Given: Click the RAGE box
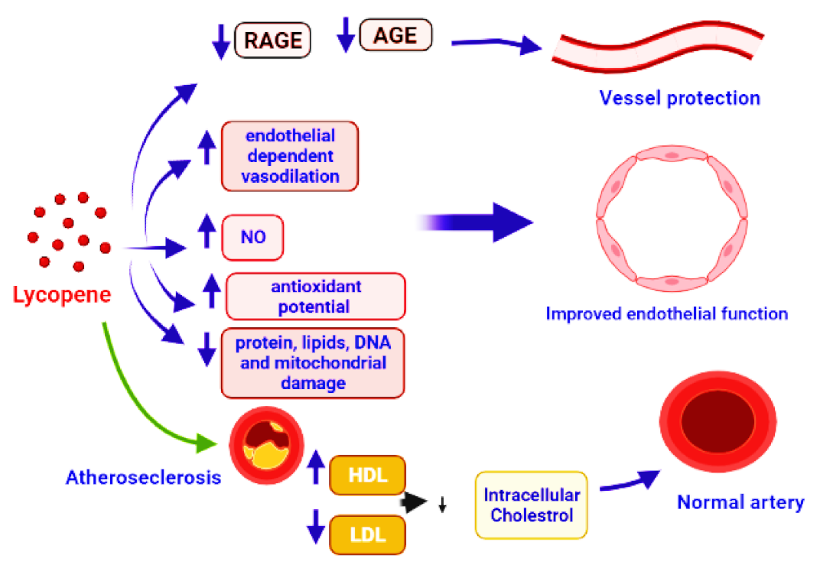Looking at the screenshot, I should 273,39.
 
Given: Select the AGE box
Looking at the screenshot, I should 395,34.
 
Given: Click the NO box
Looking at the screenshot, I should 252,238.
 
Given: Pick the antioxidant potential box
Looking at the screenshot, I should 315,297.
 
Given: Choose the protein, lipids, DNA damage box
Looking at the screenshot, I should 312,363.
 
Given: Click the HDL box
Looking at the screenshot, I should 366,476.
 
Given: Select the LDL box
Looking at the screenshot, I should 366,534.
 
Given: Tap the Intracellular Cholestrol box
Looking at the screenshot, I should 532,505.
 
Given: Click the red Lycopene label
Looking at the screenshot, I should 62,295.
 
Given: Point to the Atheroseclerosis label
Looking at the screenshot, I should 144,479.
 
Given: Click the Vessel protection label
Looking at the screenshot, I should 679,98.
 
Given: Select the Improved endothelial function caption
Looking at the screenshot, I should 666,313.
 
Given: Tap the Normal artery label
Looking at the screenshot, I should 740,502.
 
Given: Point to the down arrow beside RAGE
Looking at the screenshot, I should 221,41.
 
